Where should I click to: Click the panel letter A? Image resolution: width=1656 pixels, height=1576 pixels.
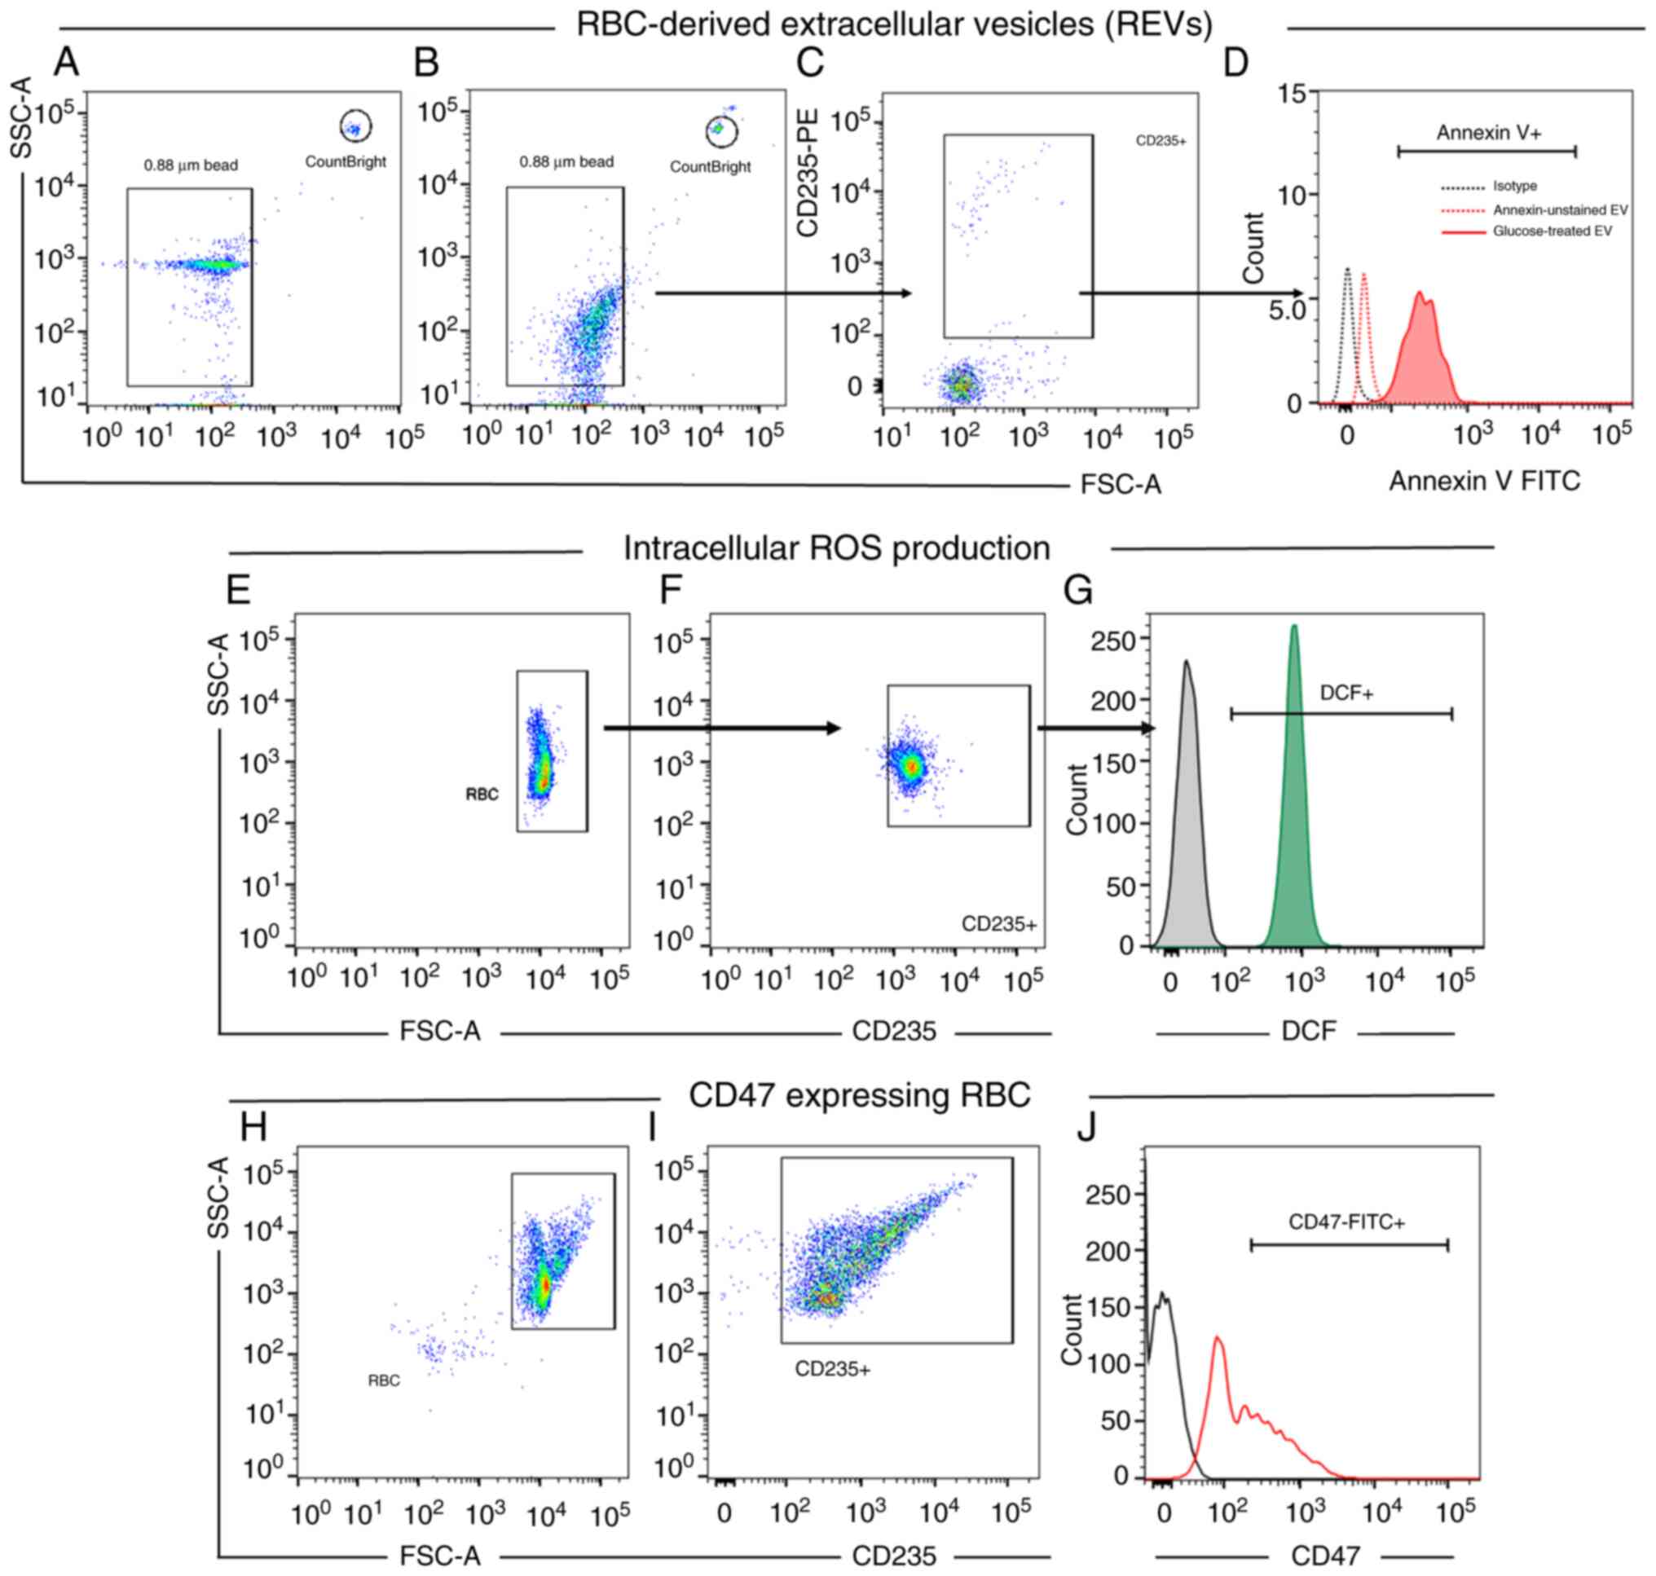point(65,62)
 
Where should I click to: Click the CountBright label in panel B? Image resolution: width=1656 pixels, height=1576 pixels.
point(710,166)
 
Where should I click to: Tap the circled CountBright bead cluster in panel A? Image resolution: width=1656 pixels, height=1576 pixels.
point(355,127)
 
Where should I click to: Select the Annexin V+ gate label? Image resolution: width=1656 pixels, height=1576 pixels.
point(1488,132)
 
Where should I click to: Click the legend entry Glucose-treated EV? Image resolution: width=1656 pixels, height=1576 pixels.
point(1552,231)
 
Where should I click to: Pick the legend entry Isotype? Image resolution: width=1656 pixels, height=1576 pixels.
point(1514,186)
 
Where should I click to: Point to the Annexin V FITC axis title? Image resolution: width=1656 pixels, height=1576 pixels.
point(1484,481)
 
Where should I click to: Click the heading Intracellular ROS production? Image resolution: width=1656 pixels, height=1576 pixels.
point(836,548)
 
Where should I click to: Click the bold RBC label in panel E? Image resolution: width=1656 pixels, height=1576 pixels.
point(482,795)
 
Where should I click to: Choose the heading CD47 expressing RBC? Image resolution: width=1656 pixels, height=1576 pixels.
point(859,1094)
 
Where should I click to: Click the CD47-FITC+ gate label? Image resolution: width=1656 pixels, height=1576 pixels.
point(1346,1222)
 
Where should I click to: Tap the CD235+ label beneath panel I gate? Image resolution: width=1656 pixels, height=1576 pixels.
point(832,1369)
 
